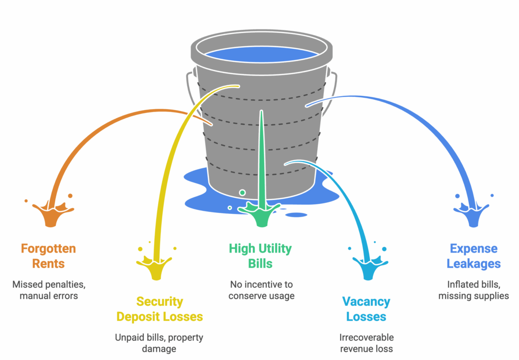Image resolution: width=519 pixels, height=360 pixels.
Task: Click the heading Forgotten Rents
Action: click(x=48, y=256)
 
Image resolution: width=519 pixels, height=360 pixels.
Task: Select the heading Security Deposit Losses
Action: click(x=160, y=309)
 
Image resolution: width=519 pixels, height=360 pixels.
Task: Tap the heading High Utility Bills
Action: click(x=261, y=256)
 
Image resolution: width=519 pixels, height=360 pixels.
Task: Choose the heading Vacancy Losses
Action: click(x=366, y=309)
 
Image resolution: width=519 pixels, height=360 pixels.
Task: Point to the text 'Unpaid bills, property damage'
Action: click(x=160, y=343)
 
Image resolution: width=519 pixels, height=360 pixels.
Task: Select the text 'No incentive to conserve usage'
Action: click(x=261, y=290)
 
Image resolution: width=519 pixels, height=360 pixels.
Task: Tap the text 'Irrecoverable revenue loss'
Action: click(x=366, y=343)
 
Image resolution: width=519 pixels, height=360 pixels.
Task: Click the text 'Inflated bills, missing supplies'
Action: click(x=473, y=290)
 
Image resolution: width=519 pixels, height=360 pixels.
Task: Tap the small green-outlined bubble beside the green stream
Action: click(x=242, y=193)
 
